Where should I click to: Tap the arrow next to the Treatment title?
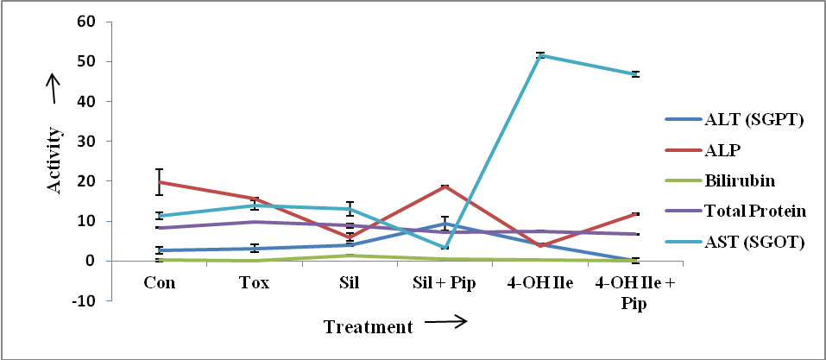(445, 322)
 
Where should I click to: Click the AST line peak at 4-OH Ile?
(539, 55)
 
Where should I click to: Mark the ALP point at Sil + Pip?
(445, 186)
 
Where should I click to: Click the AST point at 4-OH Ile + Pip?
(634, 74)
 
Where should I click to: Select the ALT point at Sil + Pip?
(445, 224)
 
